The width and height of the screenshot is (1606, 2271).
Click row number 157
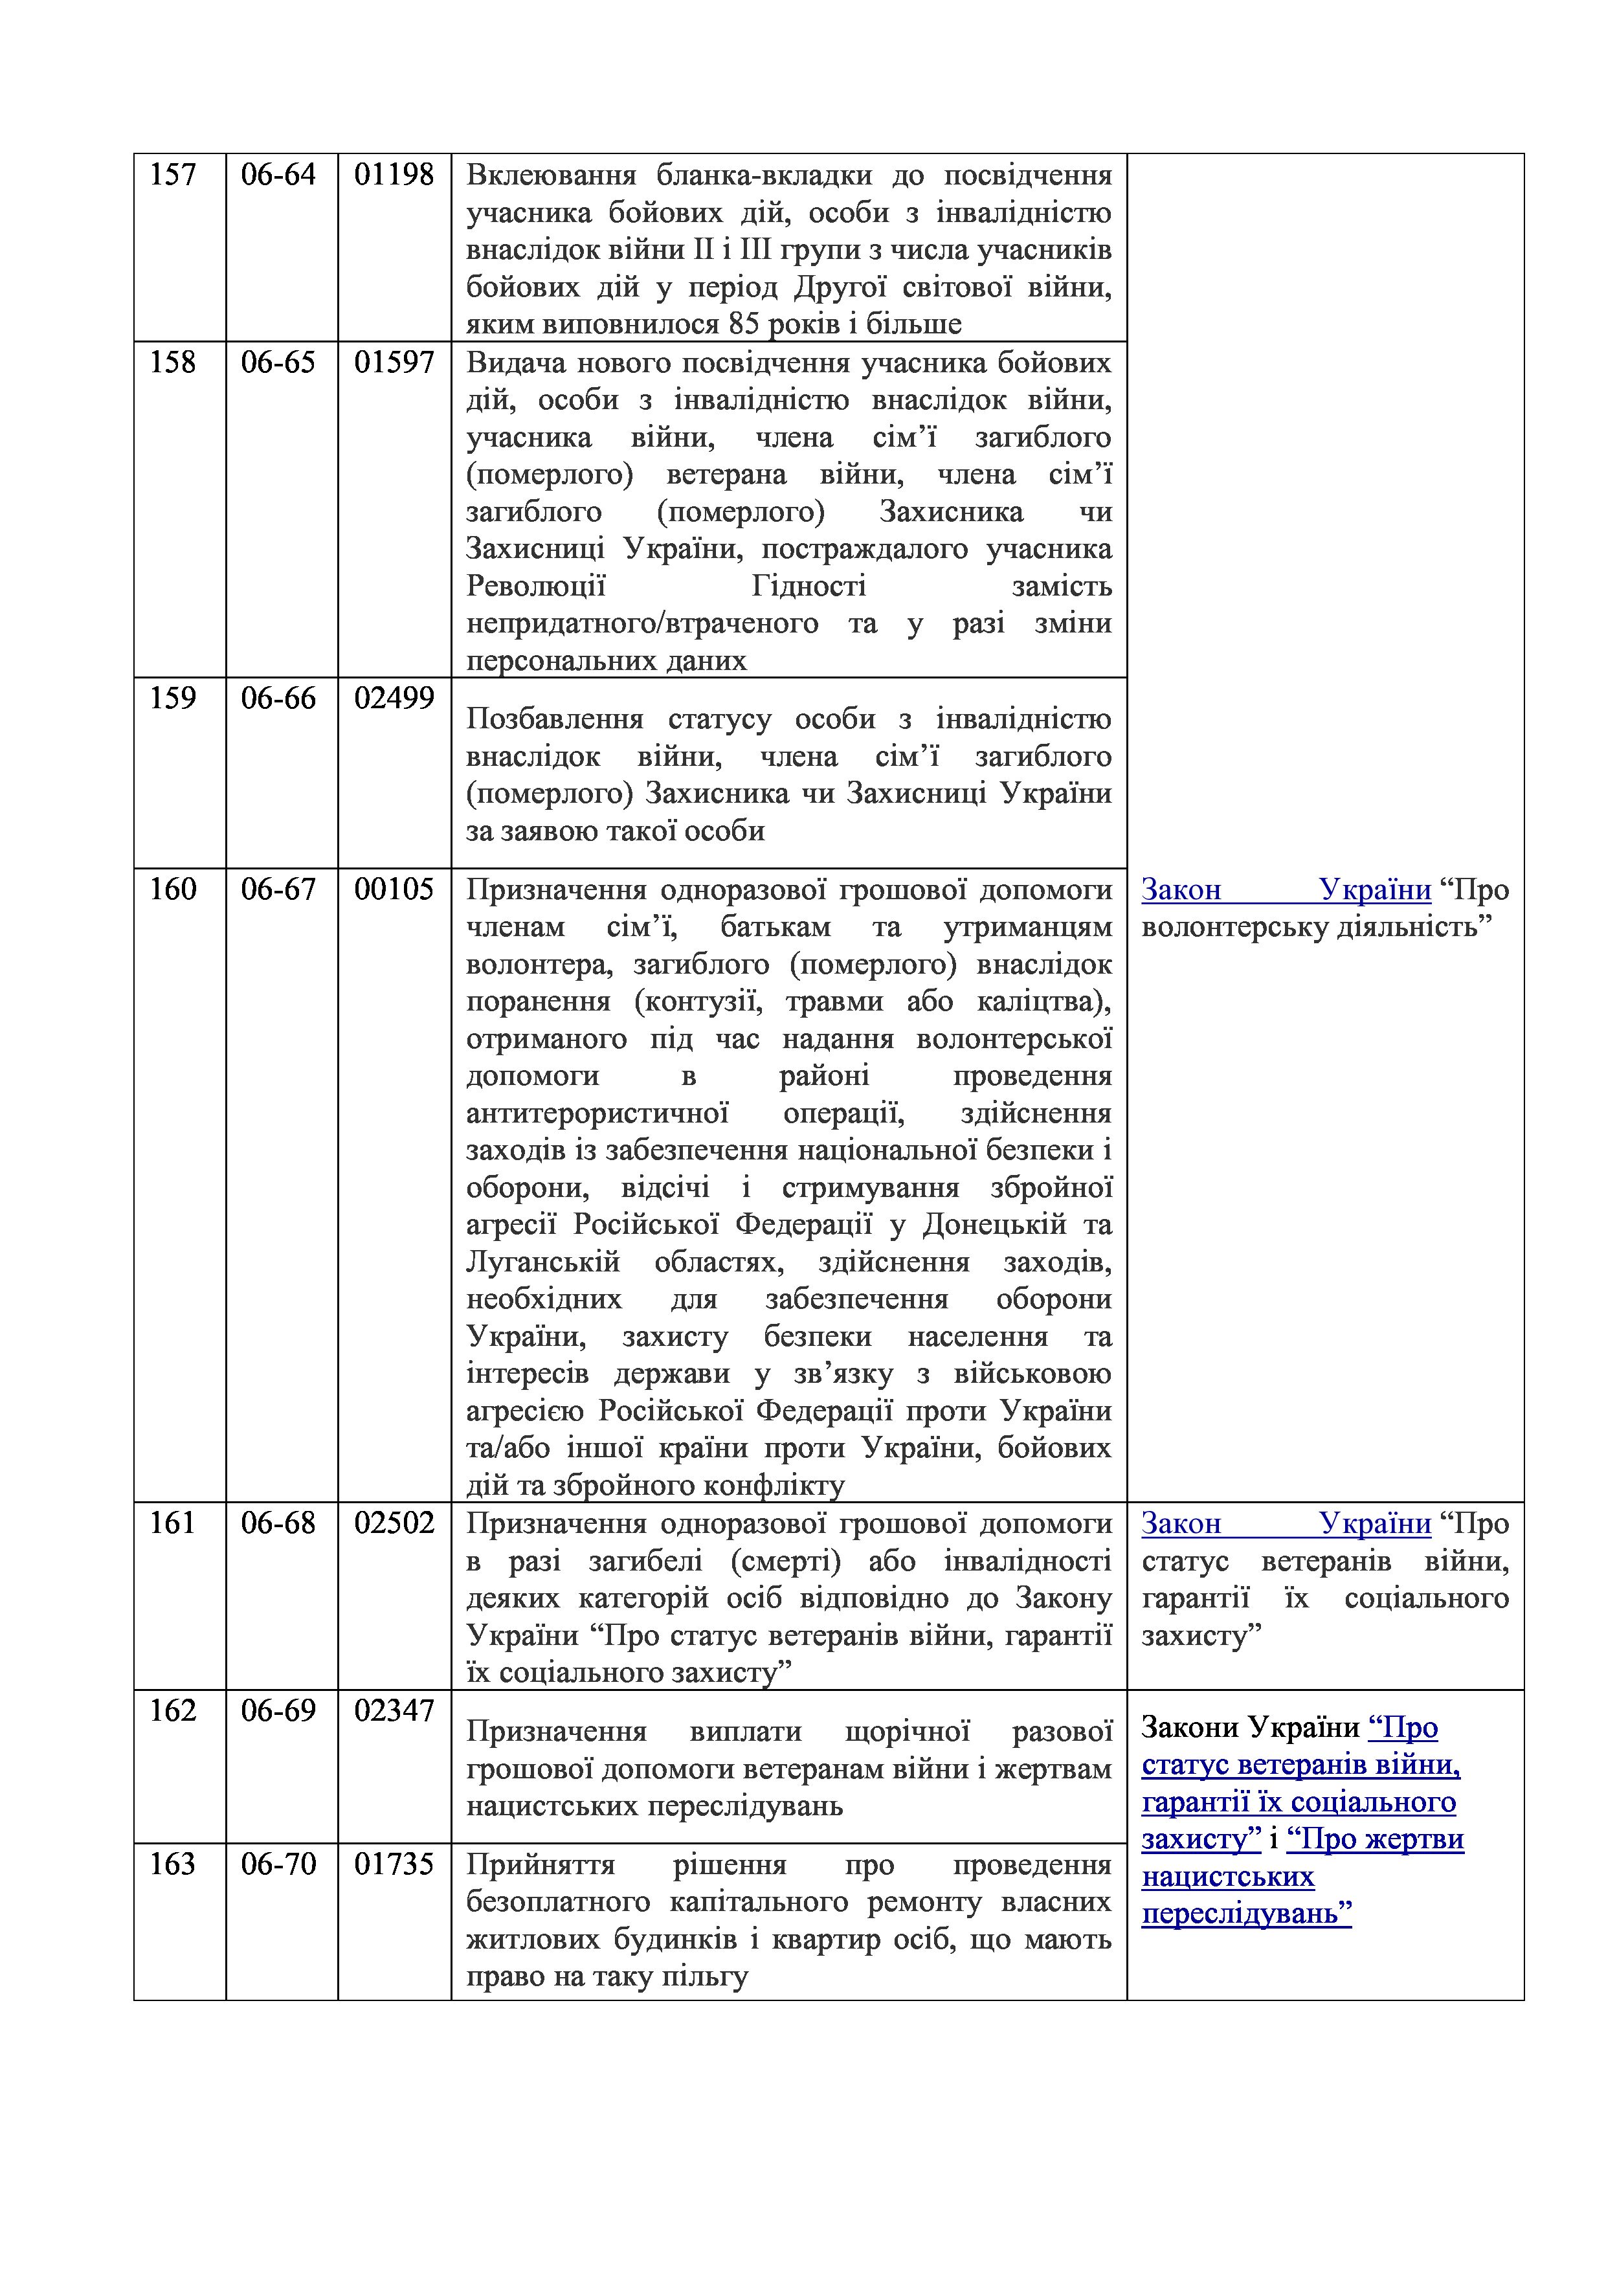[x=172, y=175]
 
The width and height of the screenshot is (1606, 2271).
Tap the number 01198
[x=394, y=175]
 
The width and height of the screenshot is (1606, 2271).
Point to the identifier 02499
[x=394, y=699]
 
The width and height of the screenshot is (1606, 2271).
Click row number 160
[x=172, y=889]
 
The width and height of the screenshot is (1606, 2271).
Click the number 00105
[x=394, y=889]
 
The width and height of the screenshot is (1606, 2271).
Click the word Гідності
[x=809, y=587]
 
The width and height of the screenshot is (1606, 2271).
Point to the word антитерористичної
[x=597, y=1113]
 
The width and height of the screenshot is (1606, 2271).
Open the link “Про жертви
[x=1375, y=1840]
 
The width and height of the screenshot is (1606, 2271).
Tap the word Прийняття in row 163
[x=540, y=1866]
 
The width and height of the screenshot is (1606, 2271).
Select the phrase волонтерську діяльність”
[x=1316, y=928]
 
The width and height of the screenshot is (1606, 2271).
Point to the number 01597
[x=394, y=363]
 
